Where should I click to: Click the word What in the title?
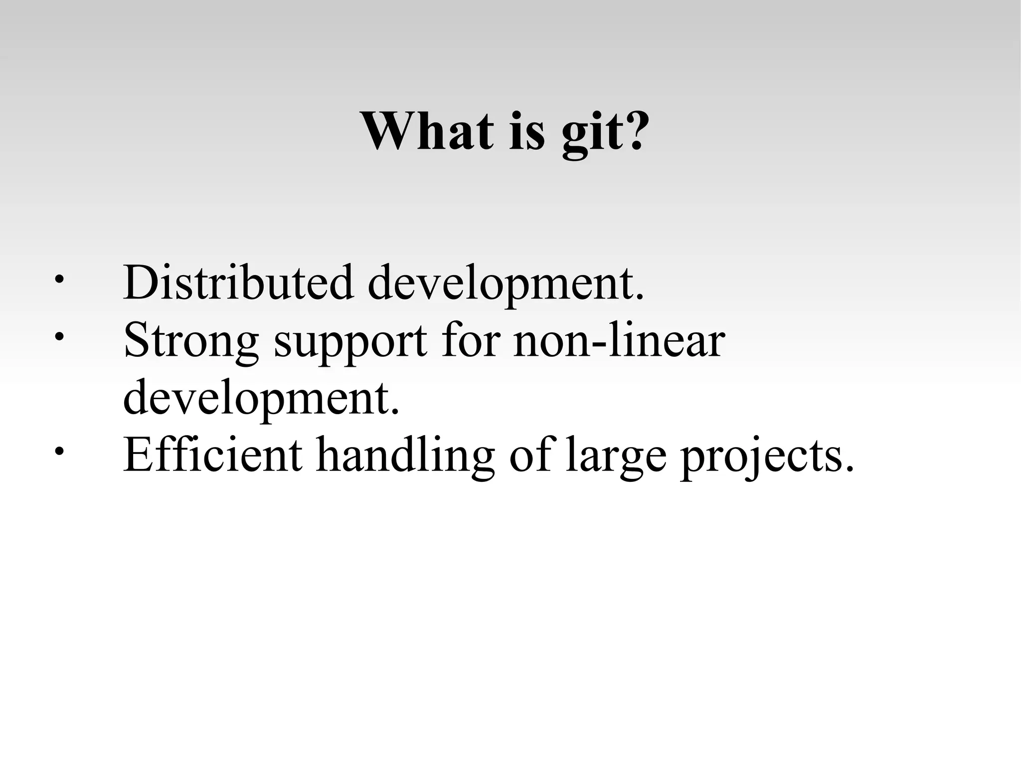tap(428, 131)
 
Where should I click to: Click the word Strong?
tap(191, 342)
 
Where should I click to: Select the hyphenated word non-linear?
tap(619, 341)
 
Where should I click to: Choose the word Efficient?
tap(212, 454)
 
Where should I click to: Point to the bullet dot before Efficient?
tap(59, 452)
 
